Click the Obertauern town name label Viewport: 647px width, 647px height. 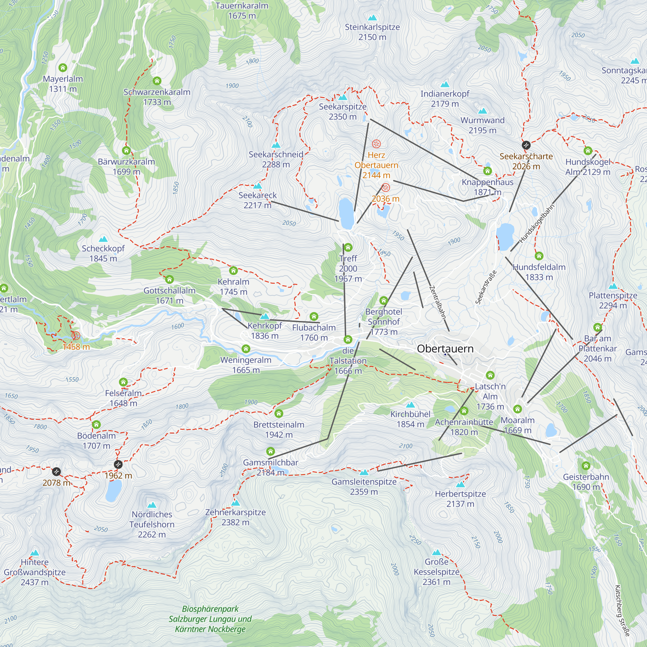click(445, 349)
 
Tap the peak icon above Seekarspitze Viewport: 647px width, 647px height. click(343, 97)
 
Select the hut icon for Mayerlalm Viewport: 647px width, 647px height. click(63, 68)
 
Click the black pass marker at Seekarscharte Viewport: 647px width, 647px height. click(526, 145)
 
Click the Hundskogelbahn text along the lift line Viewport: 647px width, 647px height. click(536, 223)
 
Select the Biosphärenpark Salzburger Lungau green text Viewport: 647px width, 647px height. click(210, 619)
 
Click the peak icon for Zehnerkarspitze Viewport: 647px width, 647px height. click(236, 503)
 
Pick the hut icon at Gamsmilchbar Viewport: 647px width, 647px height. click(270, 451)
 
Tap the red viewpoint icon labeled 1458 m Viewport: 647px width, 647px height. click(76, 335)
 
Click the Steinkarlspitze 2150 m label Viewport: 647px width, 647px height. click(372, 32)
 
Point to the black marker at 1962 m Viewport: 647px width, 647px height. click(118, 465)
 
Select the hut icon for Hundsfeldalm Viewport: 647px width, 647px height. click(539, 256)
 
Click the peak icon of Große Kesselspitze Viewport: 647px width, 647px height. click(436, 553)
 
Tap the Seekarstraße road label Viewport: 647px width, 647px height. click(486, 287)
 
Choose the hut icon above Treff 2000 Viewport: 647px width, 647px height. click(348, 247)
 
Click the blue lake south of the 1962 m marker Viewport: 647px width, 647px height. click(114, 491)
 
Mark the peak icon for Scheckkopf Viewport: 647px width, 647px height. click(103, 239)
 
